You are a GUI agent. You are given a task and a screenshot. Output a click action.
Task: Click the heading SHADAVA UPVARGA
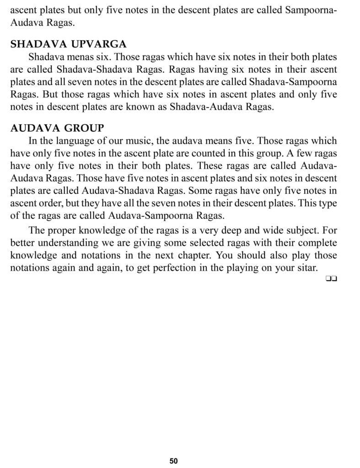(x=68, y=45)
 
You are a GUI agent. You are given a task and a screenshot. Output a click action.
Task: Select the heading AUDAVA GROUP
(x=57, y=128)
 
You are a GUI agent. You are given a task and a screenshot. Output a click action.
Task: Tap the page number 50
(x=173, y=461)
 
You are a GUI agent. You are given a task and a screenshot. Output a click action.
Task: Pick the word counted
(x=196, y=153)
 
